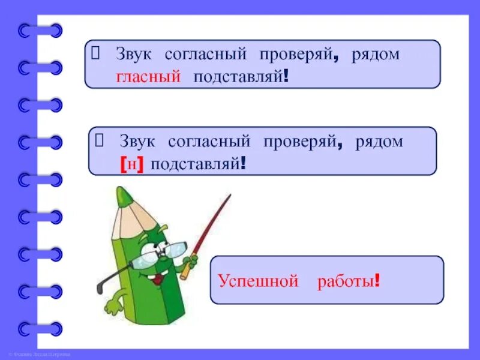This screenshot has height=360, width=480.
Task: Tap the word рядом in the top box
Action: tap(377, 54)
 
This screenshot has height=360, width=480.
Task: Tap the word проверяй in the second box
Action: tap(302, 142)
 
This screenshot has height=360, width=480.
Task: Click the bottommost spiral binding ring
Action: tap(41, 329)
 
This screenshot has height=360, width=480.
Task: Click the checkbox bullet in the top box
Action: tap(95, 53)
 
